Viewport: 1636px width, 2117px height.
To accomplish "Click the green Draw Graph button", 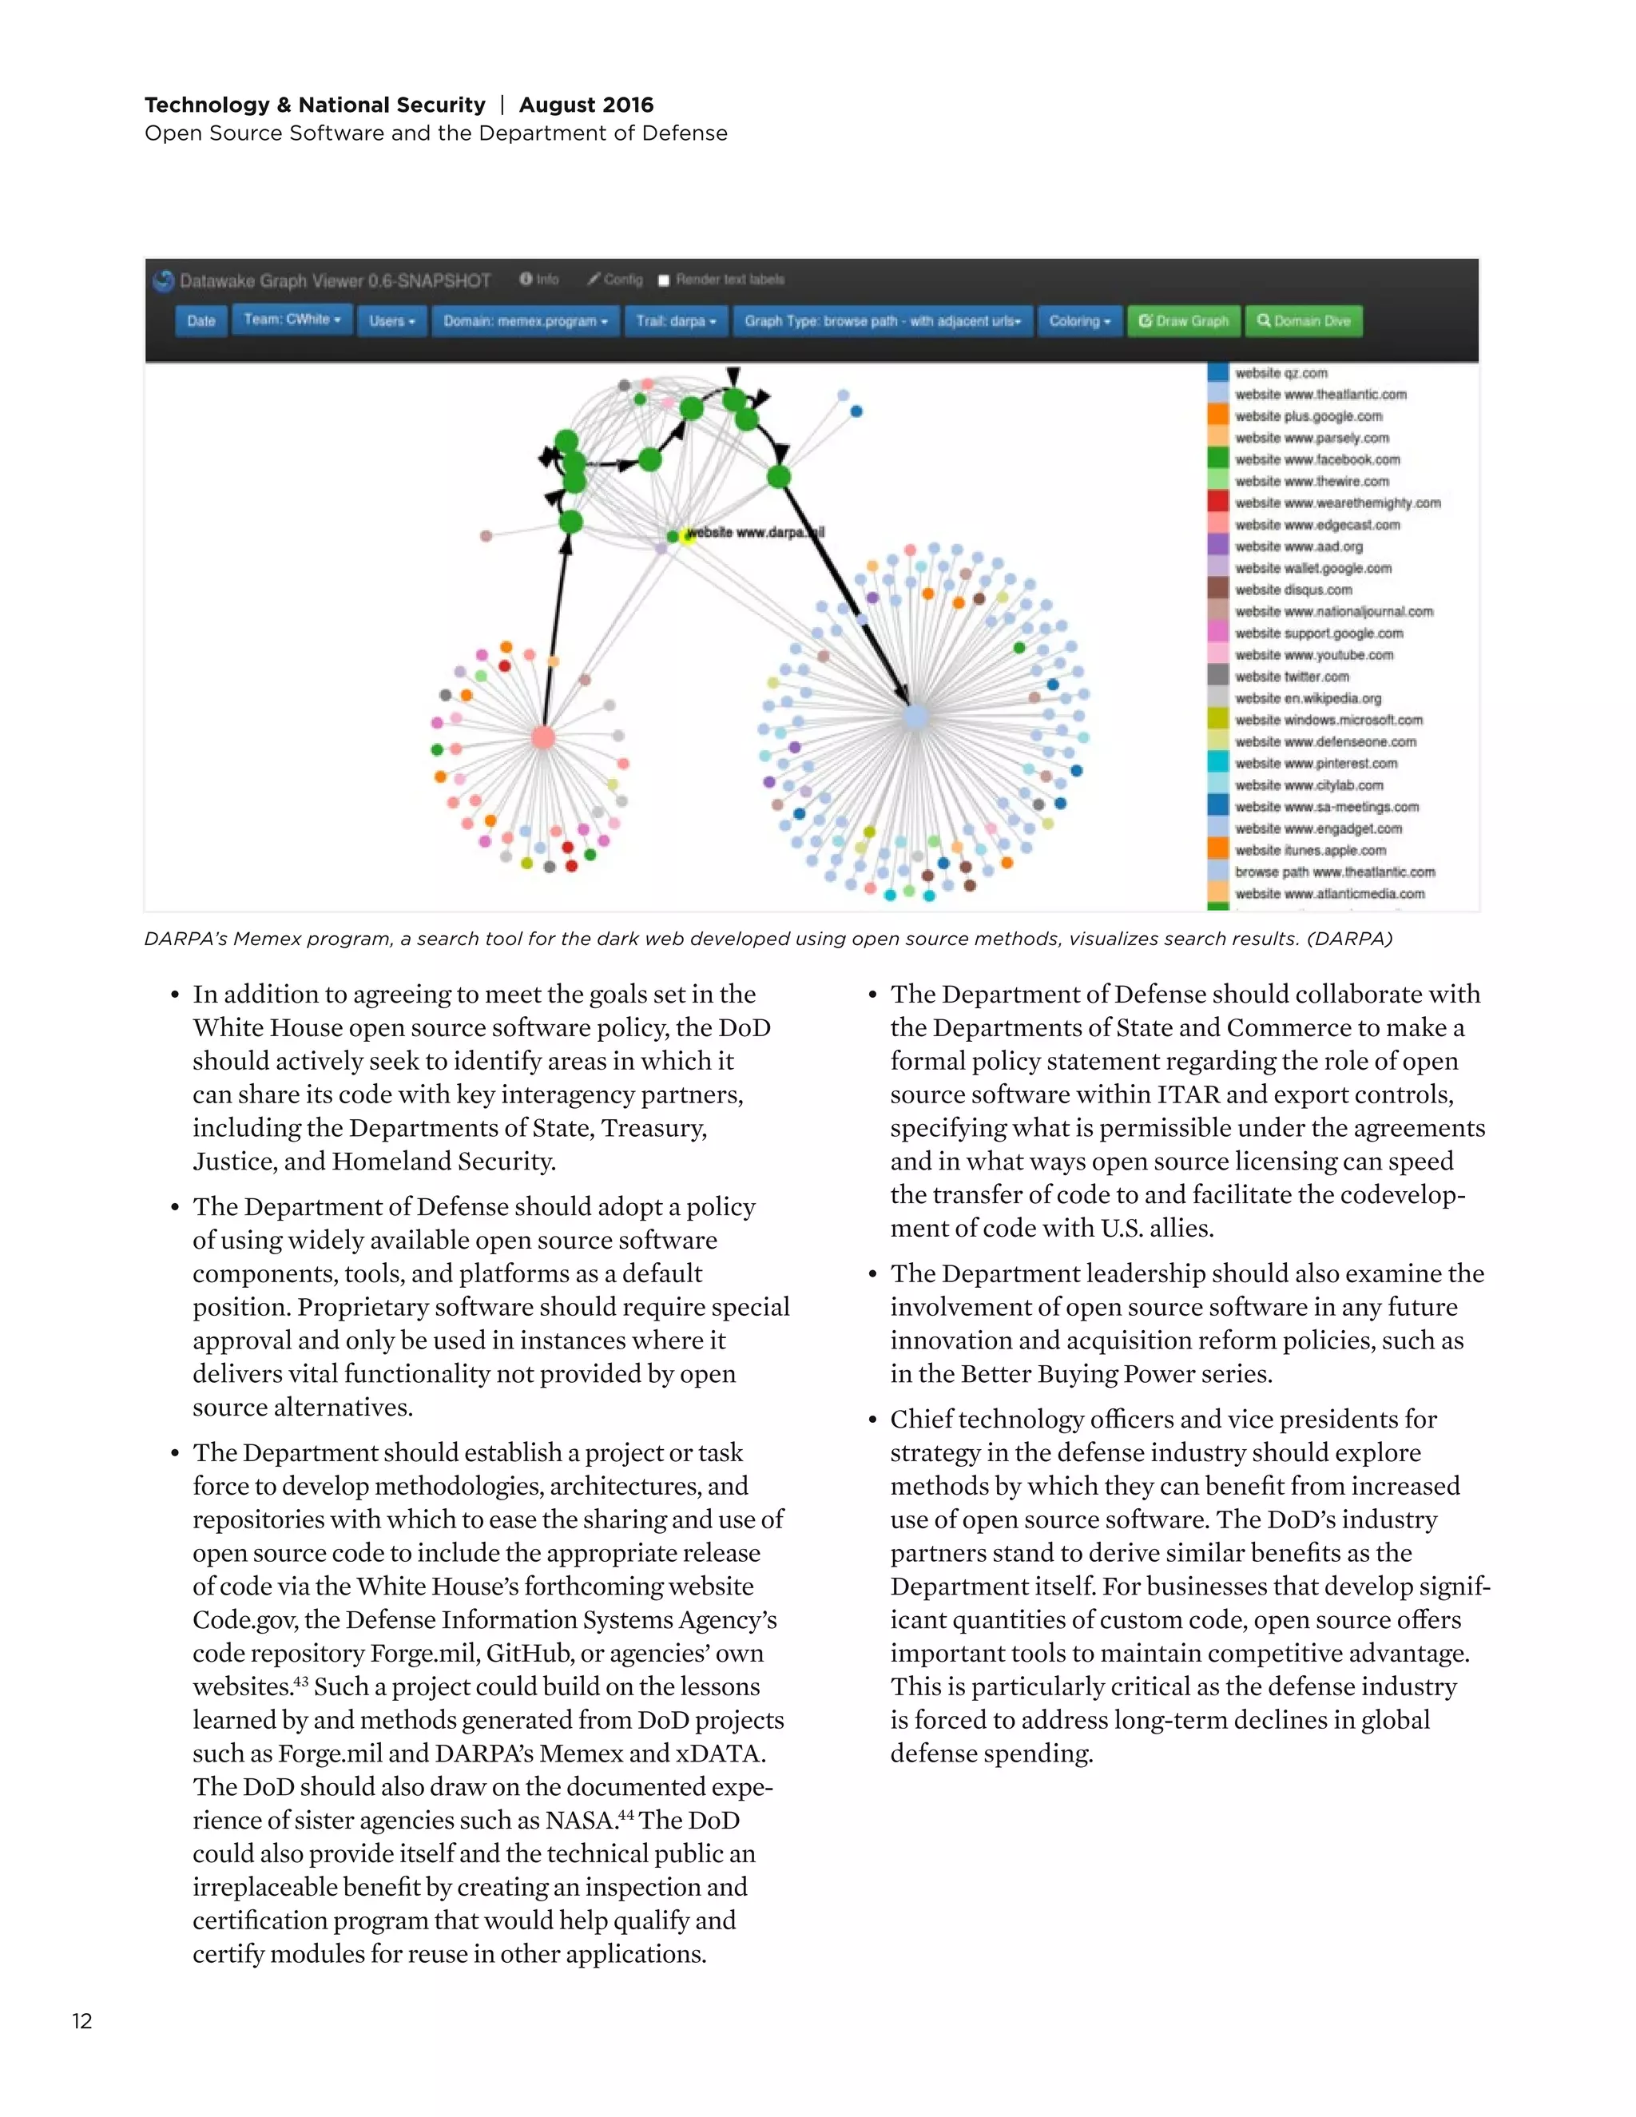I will (1183, 321).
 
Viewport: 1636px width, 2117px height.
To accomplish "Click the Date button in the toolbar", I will (201, 321).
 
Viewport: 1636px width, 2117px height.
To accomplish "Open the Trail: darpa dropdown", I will (676, 321).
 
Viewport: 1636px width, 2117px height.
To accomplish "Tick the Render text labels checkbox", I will (664, 280).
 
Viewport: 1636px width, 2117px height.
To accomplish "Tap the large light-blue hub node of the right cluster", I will (915, 717).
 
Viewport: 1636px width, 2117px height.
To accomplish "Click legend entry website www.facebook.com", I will (1317, 459).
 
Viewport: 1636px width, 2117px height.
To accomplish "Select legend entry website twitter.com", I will (1291, 677).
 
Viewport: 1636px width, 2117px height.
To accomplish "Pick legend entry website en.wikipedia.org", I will (1308, 698).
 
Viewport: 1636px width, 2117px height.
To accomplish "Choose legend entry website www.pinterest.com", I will (1315, 763).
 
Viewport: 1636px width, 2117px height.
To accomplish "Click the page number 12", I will (82, 2021).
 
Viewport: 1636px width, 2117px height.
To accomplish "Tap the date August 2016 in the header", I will (586, 105).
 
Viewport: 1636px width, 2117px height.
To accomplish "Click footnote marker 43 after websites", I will (300, 1682).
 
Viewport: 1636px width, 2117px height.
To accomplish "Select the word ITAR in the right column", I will (1188, 1094).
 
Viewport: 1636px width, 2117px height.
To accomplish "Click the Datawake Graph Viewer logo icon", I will (163, 281).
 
